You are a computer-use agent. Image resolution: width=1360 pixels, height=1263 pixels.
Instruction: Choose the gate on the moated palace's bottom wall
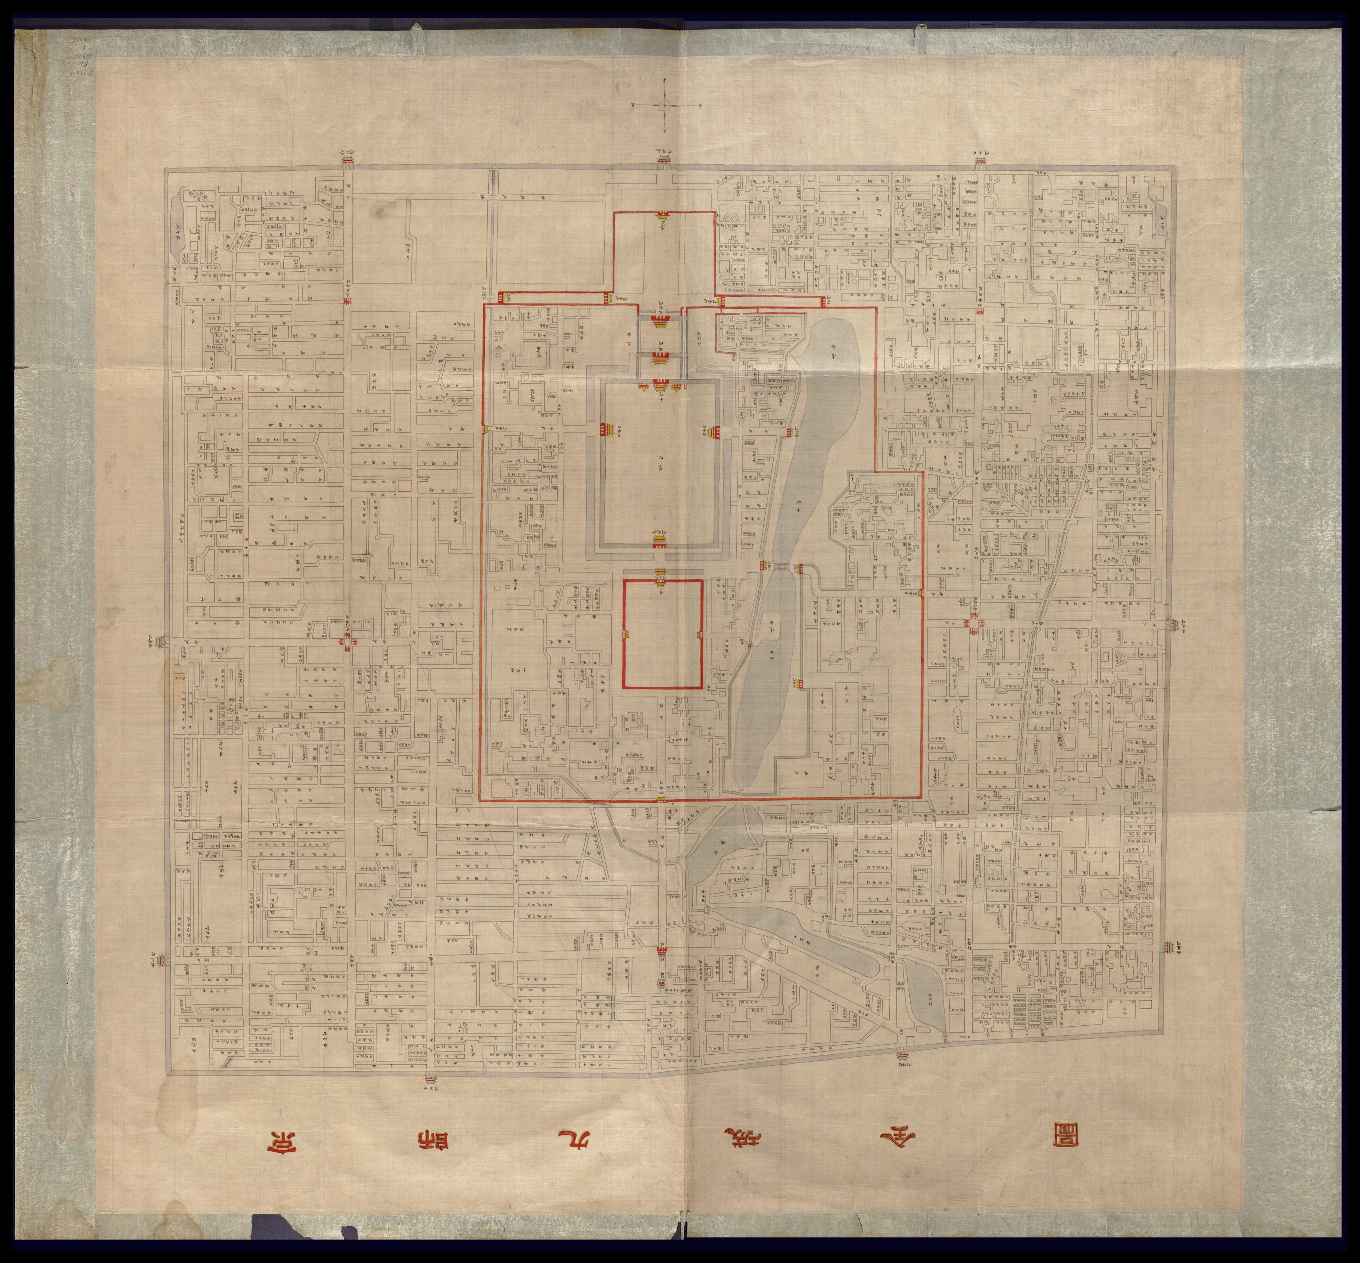[x=660, y=542]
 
